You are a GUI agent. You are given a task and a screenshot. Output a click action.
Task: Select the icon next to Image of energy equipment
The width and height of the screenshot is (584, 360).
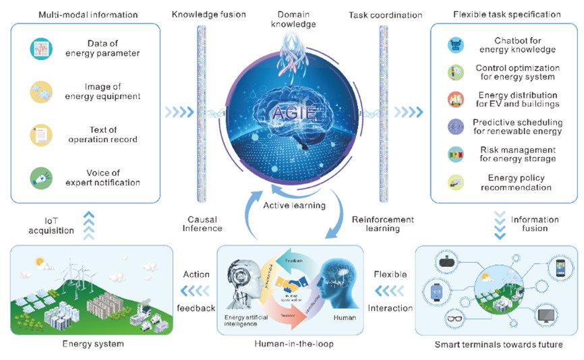41,92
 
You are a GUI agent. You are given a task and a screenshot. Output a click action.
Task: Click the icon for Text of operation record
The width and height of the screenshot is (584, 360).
41,135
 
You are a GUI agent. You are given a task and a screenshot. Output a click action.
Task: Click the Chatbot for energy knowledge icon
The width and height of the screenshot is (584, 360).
455,45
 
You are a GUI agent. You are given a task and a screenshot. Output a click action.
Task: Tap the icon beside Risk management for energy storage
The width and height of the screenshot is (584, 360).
455,154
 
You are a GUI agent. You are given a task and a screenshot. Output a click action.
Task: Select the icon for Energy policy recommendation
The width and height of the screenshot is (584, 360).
455,181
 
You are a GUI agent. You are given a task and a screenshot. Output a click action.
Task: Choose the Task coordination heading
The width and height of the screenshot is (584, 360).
386,14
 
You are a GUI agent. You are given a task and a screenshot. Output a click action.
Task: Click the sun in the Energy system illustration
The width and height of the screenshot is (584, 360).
39,260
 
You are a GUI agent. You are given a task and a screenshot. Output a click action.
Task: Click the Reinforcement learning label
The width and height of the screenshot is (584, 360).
382,224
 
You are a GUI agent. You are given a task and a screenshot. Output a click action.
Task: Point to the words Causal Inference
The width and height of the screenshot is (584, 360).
202,224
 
